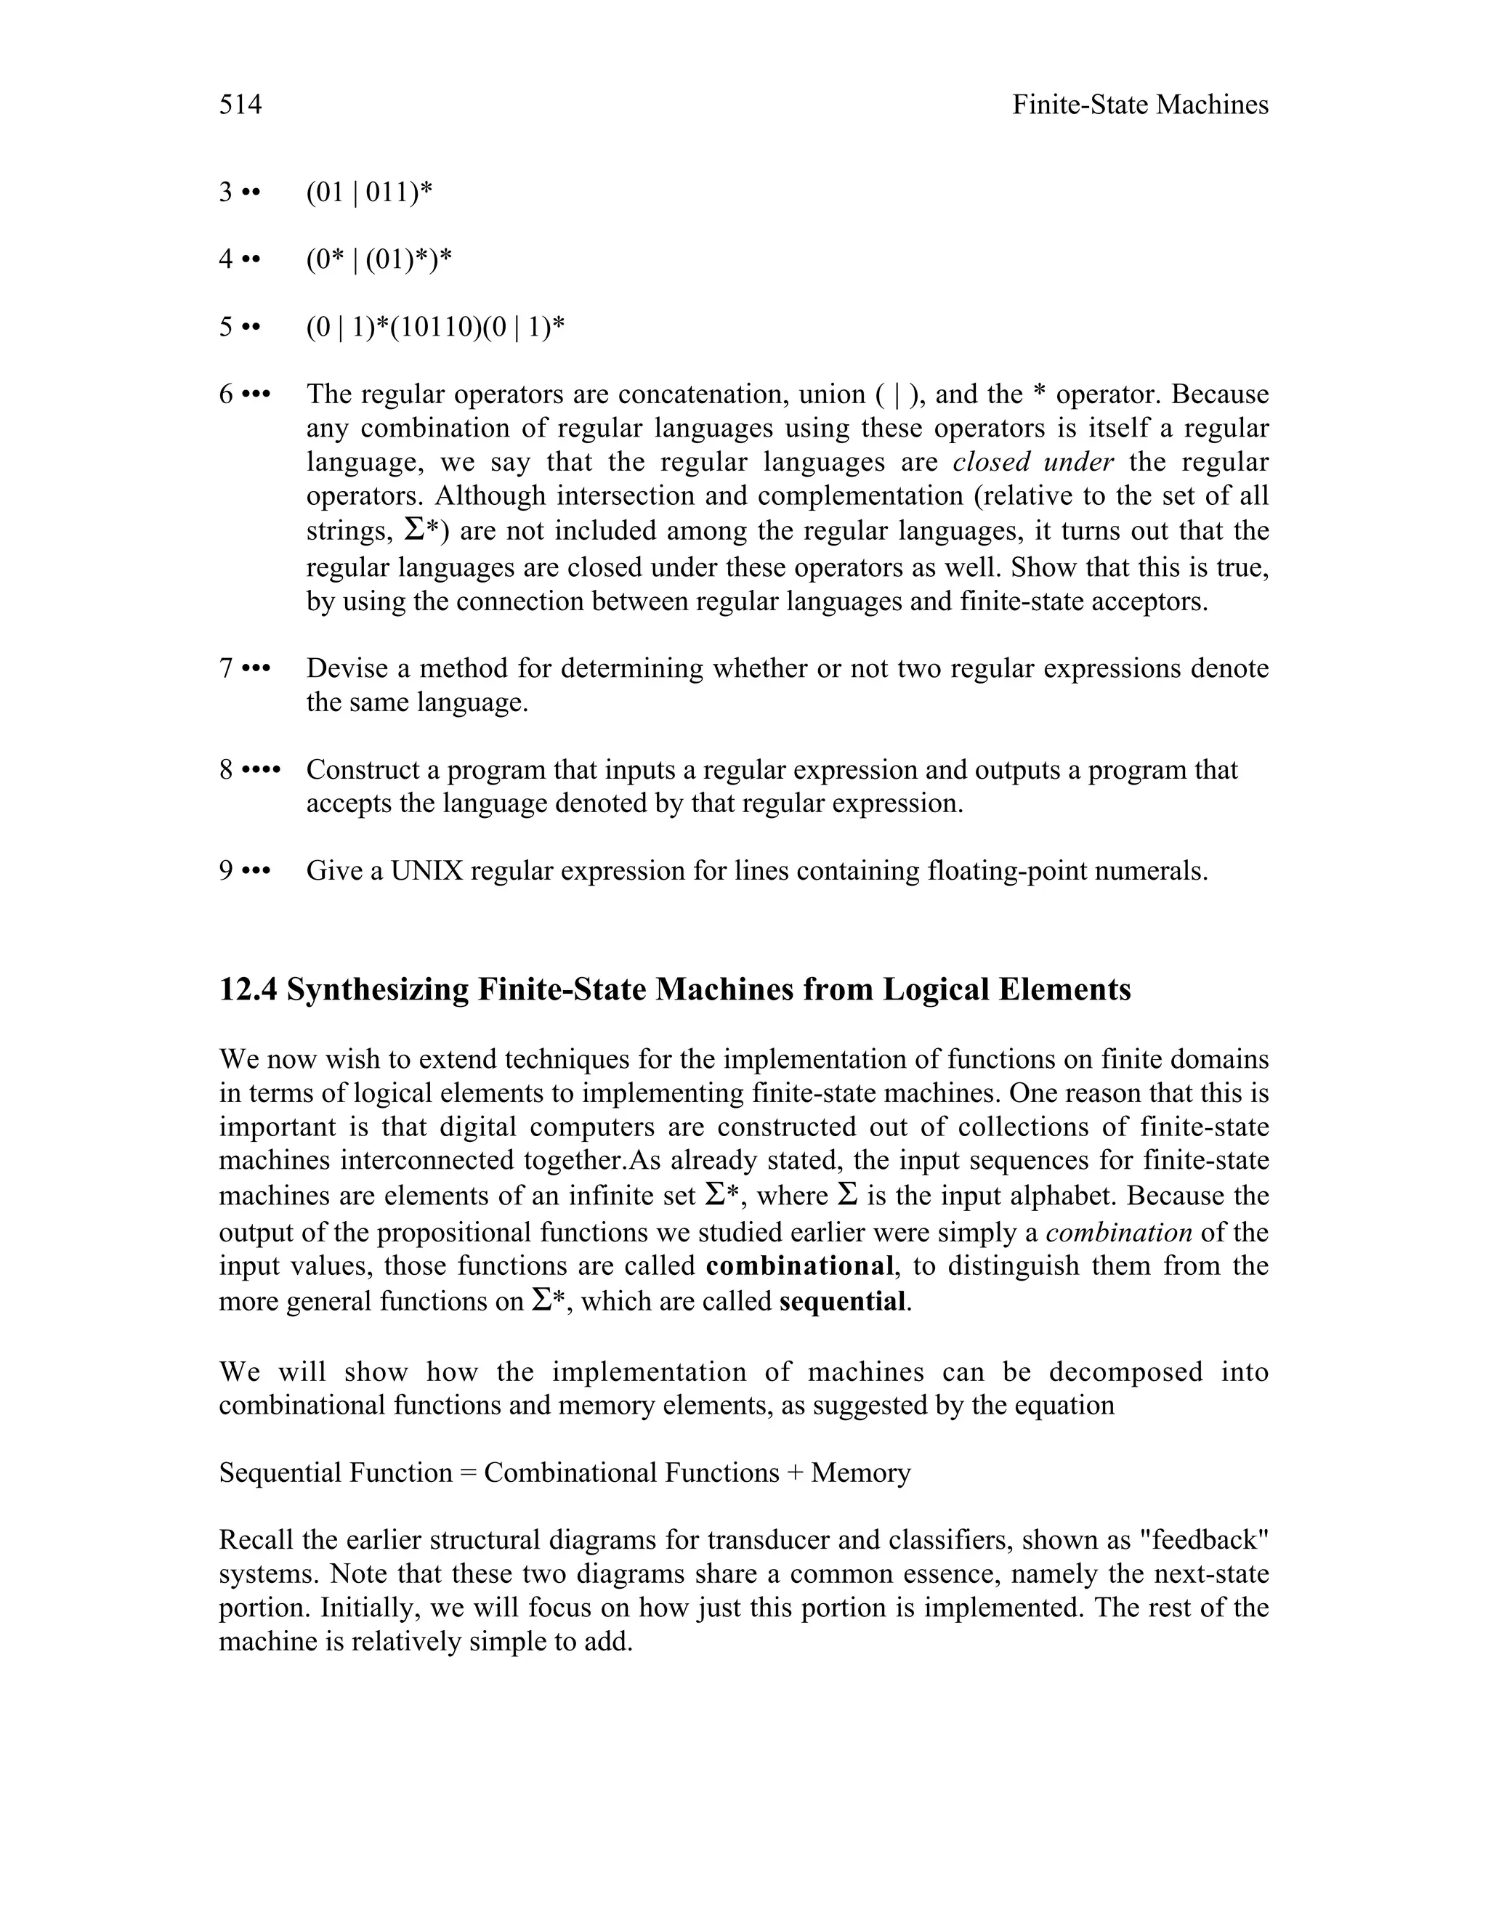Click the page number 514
click(240, 105)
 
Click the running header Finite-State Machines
click(1139, 105)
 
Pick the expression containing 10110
click(434, 327)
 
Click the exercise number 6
click(227, 394)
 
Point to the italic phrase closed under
click(1033, 462)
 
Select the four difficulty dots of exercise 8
click(260, 769)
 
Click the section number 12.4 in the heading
click(248, 990)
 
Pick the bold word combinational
click(799, 1267)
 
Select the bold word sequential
click(842, 1301)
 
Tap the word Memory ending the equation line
click(860, 1473)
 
